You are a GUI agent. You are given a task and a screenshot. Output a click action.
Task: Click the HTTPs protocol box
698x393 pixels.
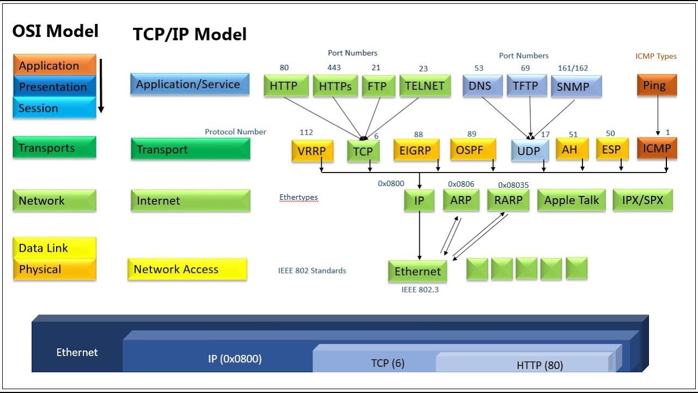tap(335, 86)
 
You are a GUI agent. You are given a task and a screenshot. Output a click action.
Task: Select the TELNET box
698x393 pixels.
tap(425, 86)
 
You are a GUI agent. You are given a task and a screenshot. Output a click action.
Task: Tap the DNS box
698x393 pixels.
tap(482, 86)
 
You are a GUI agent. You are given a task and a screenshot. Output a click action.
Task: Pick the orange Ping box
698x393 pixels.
tap(657, 86)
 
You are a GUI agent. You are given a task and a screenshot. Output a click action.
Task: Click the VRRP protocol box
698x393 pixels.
tap(312, 150)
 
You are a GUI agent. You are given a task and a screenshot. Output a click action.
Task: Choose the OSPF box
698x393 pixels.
tap(473, 149)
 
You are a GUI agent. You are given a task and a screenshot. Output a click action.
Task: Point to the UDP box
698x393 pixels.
tap(529, 150)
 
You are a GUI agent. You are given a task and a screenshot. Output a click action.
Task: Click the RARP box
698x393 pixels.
tap(508, 200)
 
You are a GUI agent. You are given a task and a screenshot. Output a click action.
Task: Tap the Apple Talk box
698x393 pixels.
tap(571, 200)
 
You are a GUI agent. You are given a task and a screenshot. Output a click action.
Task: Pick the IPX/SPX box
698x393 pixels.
tap(642, 200)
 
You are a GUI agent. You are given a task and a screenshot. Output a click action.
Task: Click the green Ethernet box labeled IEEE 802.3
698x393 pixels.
tap(418, 271)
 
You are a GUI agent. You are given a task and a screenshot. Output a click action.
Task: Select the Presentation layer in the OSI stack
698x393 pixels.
tap(53, 87)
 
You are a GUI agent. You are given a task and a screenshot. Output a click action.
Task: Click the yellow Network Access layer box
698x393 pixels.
tap(187, 269)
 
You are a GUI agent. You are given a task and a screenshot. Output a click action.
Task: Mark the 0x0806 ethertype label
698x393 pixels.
tap(461, 184)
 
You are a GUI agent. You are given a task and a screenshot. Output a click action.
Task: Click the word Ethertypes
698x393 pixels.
tap(298, 198)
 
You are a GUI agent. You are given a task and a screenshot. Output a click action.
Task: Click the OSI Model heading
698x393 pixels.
tap(56, 31)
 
